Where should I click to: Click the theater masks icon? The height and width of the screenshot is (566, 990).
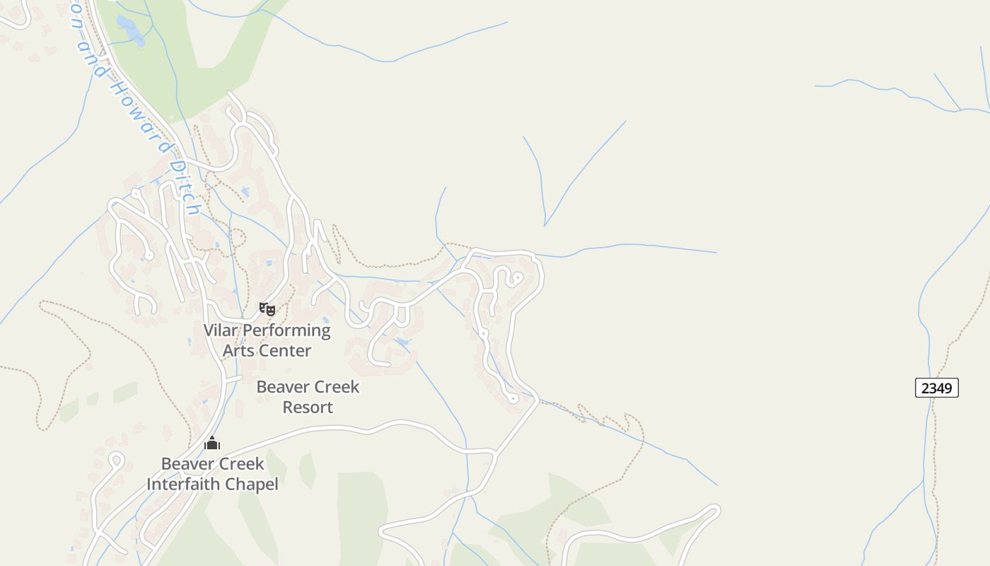pyautogui.click(x=267, y=308)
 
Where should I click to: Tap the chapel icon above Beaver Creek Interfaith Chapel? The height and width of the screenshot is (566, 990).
pyautogui.click(x=212, y=444)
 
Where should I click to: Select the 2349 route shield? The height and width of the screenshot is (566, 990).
pyautogui.click(x=936, y=388)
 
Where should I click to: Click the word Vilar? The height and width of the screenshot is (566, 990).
pyautogui.click(x=221, y=330)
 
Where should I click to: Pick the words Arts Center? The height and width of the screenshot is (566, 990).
pyautogui.click(x=267, y=351)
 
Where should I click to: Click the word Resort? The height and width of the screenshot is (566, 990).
pyautogui.click(x=308, y=408)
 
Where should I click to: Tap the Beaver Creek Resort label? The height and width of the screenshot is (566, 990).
pyautogui.click(x=308, y=397)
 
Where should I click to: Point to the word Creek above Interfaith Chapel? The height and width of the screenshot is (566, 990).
pyautogui.click(x=242, y=464)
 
